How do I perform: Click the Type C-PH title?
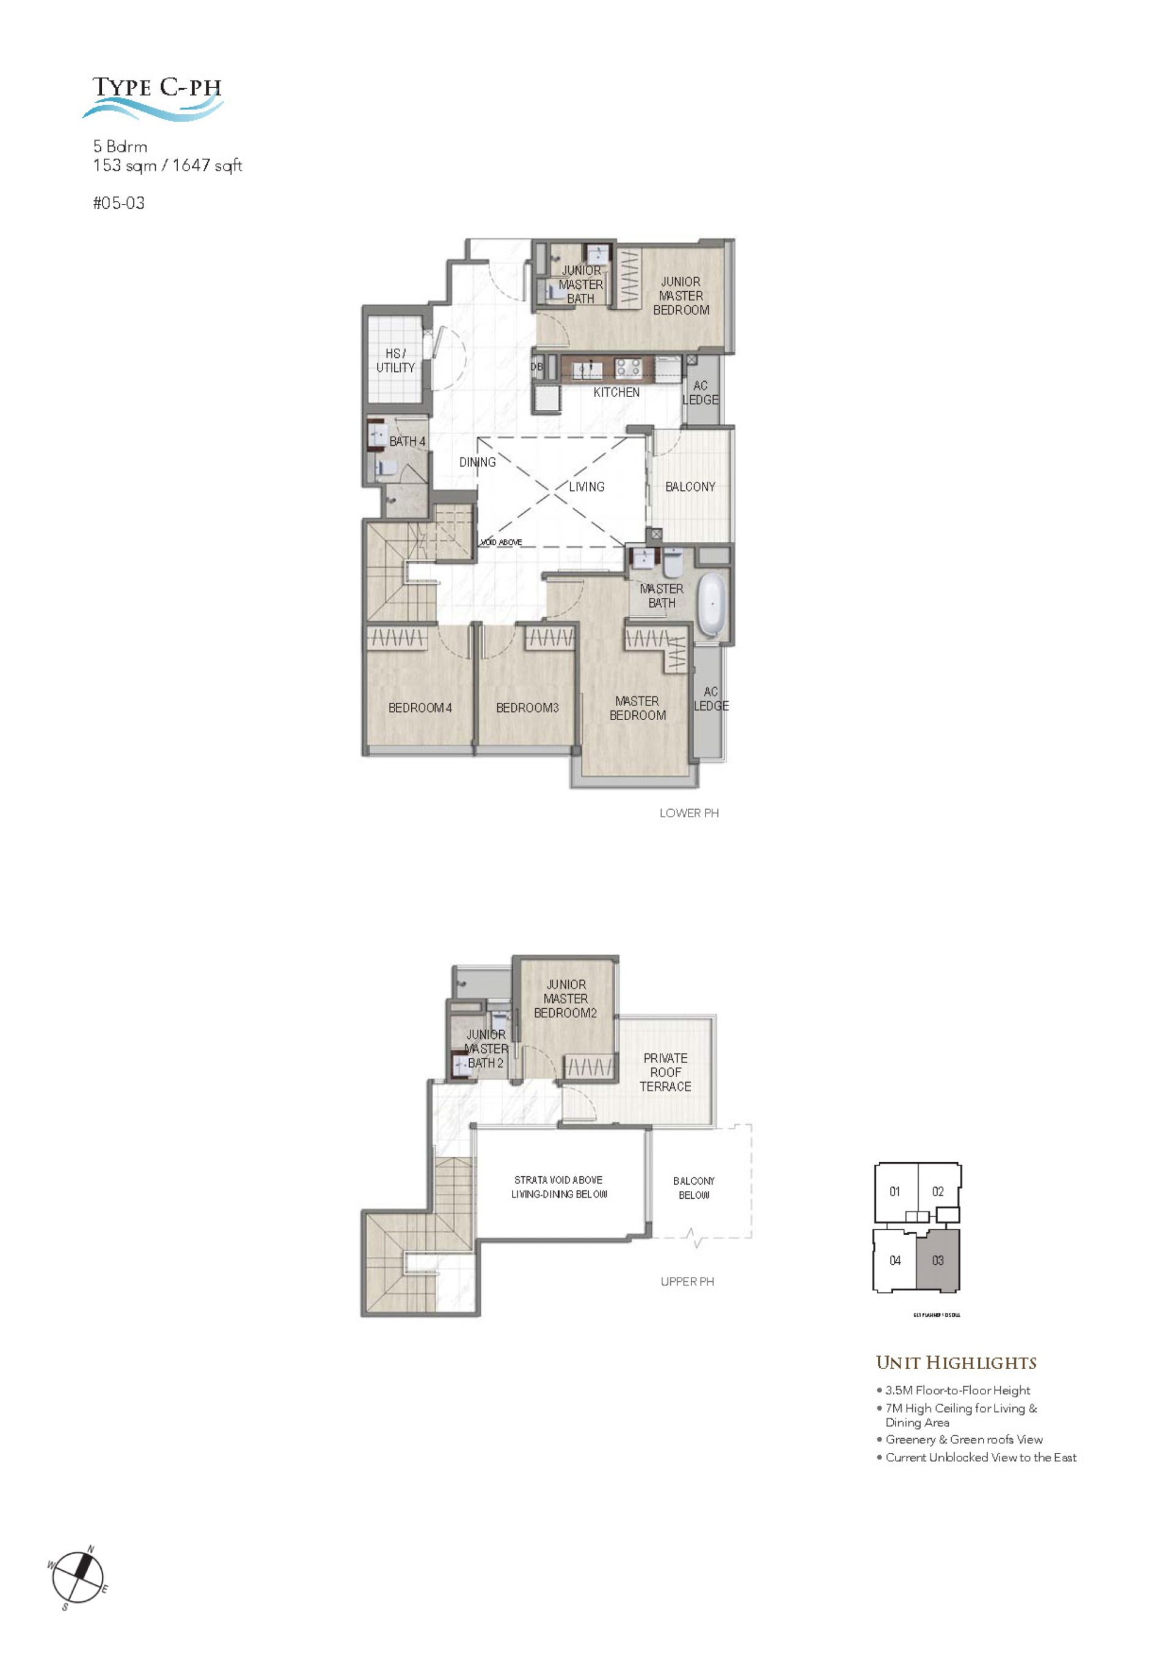[x=157, y=87]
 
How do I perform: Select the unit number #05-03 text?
[x=119, y=203]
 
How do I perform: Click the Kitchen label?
[x=616, y=392]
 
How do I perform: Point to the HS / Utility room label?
[x=395, y=360]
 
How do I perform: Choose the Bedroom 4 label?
[x=420, y=708]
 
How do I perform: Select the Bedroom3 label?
[x=527, y=708]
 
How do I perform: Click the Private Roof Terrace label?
[x=665, y=1072]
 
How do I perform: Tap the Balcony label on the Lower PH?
[x=690, y=487]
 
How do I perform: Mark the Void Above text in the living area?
[x=501, y=542]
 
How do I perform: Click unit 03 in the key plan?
[x=938, y=1260]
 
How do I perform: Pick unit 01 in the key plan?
[x=895, y=1191]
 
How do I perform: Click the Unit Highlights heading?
[x=956, y=1362]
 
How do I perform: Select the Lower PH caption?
[x=689, y=813]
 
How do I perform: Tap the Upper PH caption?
[x=687, y=1281]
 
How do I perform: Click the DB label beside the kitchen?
[x=536, y=367]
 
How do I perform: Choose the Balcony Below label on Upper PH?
[x=693, y=1188]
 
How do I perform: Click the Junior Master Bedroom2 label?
[x=566, y=998]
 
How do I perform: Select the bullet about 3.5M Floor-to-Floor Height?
[x=957, y=1390]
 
